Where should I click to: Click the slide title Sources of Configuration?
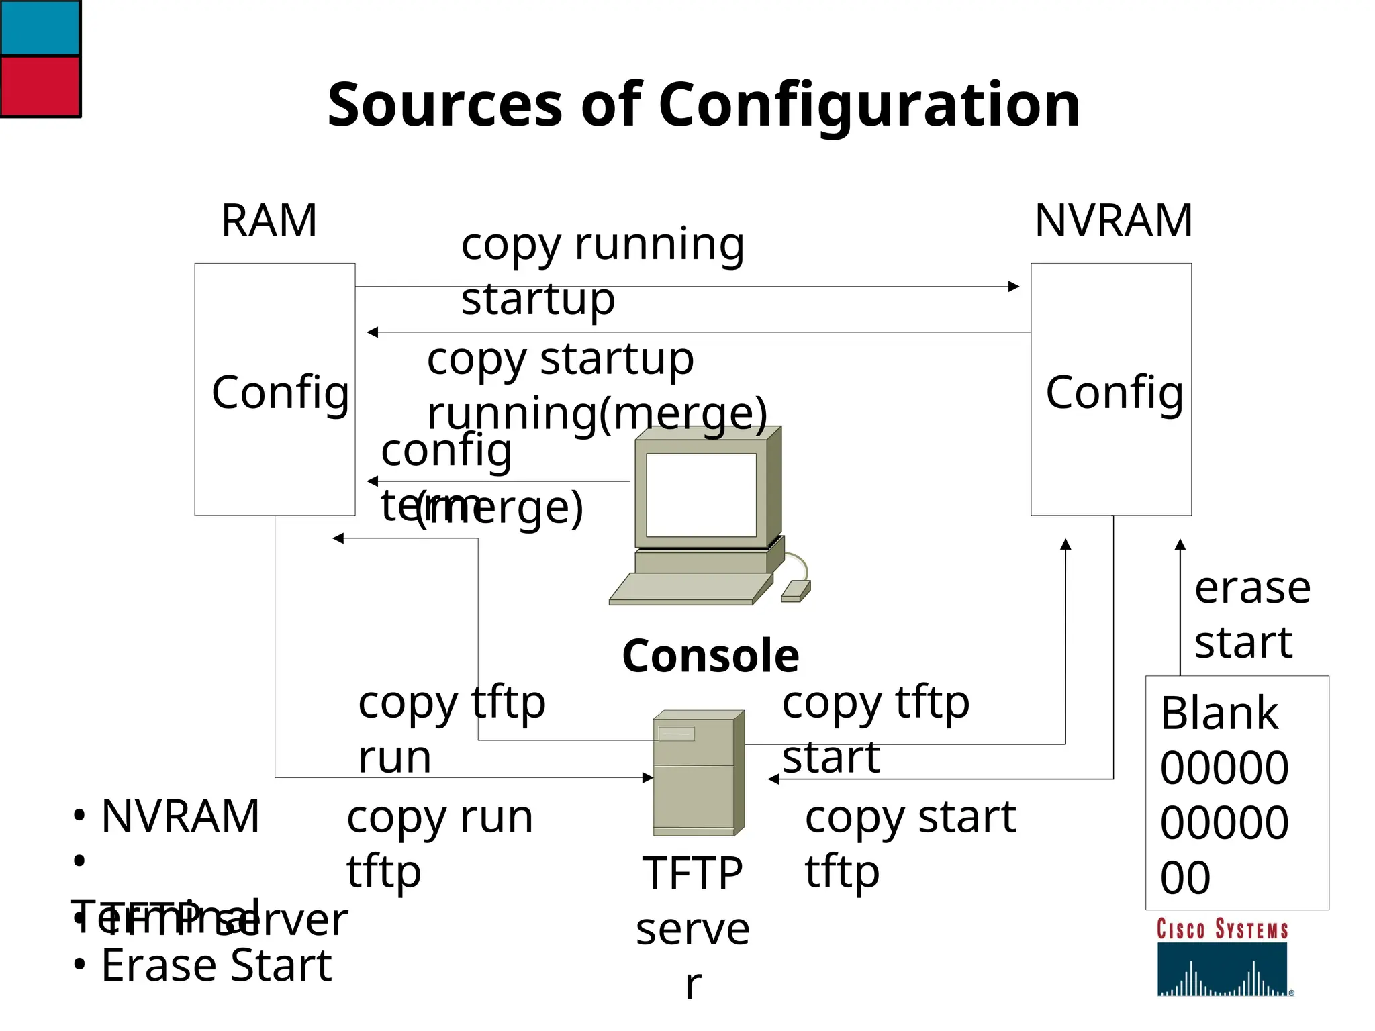703,105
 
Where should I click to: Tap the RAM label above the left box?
269,221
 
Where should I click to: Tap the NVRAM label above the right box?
1113,221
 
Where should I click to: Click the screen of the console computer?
700,495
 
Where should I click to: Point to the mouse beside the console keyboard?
796,591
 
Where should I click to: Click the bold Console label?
710,656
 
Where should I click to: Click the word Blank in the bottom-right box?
1219,713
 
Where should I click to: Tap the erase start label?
1251,615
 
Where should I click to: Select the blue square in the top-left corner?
40,28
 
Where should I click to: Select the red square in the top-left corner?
40,87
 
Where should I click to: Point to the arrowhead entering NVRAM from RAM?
1014,287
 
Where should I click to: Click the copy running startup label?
602,271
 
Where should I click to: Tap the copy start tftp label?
910,844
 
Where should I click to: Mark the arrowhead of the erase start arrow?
1180,544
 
